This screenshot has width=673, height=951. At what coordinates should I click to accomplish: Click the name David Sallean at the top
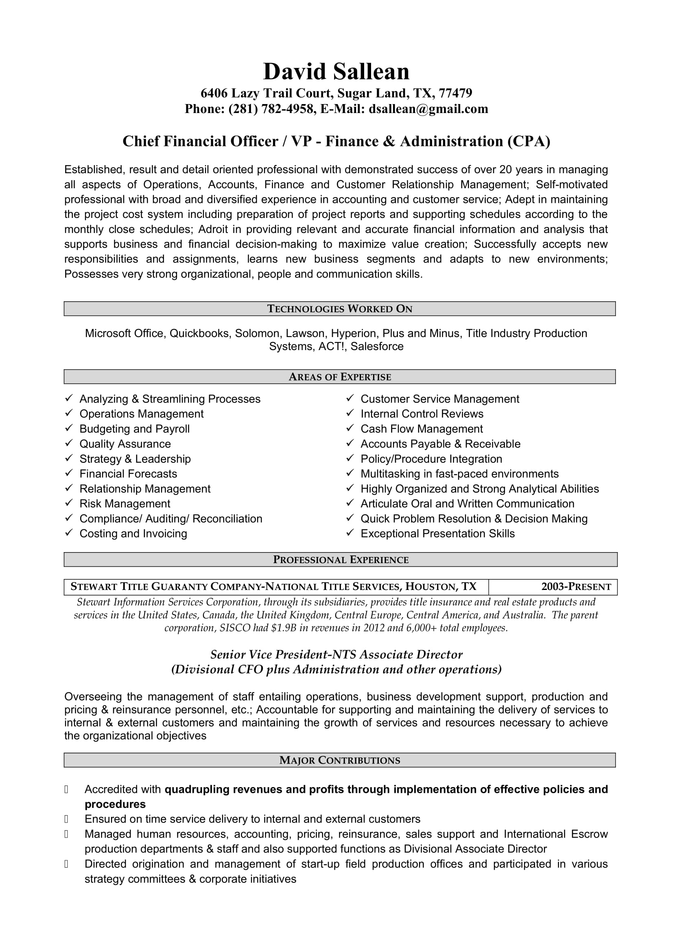(x=336, y=72)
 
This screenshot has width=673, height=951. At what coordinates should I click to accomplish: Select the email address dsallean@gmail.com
(x=428, y=109)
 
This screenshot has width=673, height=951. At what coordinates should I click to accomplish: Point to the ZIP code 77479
(x=455, y=93)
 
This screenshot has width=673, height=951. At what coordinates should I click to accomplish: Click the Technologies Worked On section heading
(x=339, y=309)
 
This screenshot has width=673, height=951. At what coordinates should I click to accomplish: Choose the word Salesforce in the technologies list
(x=377, y=346)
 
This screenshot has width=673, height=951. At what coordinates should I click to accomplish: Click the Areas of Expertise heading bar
(x=339, y=377)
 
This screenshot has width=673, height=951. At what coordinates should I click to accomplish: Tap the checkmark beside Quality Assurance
(x=69, y=444)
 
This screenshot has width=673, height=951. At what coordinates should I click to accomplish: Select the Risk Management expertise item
(x=125, y=504)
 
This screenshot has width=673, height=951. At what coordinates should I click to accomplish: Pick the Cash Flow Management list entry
(x=422, y=429)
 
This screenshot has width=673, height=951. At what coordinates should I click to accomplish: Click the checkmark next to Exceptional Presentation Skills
(x=350, y=533)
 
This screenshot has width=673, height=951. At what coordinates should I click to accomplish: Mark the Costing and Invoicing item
(x=133, y=533)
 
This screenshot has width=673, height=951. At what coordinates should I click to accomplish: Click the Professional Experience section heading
(x=341, y=559)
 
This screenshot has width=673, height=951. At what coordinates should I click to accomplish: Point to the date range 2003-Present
(x=576, y=587)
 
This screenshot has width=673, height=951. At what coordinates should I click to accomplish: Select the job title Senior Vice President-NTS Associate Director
(x=336, y=655)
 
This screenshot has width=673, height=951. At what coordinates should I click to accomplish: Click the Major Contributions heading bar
(x=339, y=760)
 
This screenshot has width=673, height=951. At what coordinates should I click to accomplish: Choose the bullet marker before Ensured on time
(x=66, y=819)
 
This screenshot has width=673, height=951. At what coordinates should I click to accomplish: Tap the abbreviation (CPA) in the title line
(x=529, y=141)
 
